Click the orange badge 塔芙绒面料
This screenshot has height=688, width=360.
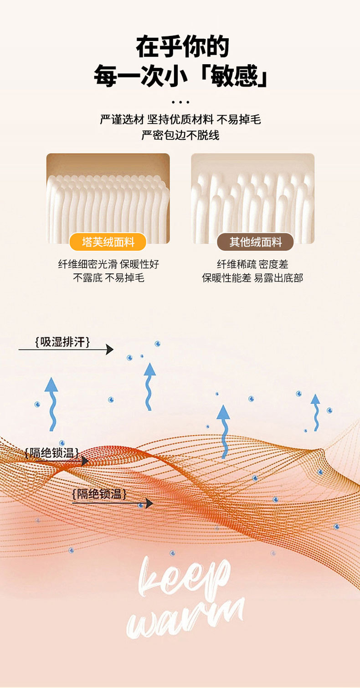pos(108,242)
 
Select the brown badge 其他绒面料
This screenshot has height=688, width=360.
pos(255,242)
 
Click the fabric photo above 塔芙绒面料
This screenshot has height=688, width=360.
pos(108,198)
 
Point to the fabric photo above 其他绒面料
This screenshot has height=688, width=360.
pos(252,198)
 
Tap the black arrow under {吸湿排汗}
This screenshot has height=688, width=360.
pos(66,350)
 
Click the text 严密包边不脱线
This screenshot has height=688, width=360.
pos(180,135)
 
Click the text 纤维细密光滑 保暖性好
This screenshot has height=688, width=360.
pos(108,264)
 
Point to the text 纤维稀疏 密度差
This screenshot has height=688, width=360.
pos(252,264)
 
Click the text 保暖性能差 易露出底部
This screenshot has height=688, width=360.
pos(252,277)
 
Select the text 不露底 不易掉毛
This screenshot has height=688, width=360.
pos(108,277)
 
